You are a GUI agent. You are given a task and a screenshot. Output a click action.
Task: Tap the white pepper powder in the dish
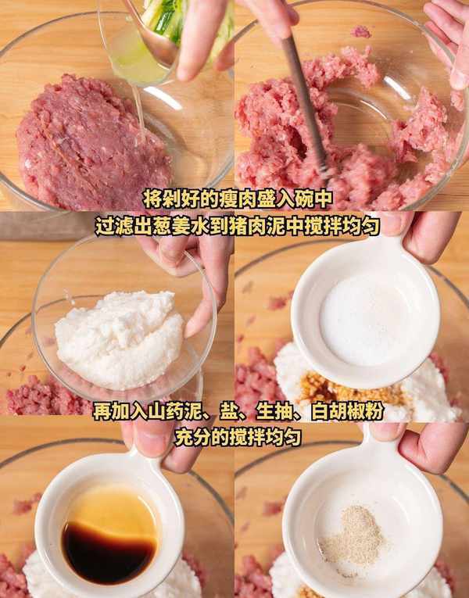pyautogui.click(x=352, y=534)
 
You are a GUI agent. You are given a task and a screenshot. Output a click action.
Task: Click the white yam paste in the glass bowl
pyautogui.click(x=120, y=339)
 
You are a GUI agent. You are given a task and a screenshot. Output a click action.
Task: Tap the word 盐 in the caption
pyautogui.click(x=229, y=412)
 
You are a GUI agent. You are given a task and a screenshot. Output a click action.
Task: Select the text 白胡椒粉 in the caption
pyautogui.click(x=347, y=412)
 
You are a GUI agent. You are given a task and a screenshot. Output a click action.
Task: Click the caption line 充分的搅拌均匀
pyautogui.click(x=238, y=438)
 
